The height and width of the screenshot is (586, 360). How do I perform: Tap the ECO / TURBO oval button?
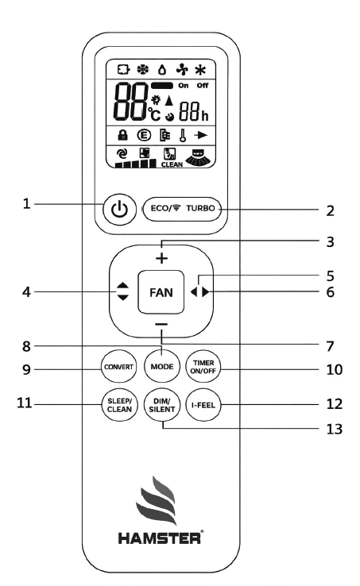pos(182,209)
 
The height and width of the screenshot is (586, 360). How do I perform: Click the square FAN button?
pos(161,292)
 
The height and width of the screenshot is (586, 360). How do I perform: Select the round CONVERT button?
pos(118,367)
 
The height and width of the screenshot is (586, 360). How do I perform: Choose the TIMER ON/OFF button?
pos(203,367)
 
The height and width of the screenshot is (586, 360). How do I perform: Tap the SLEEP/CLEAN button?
pos(119,405)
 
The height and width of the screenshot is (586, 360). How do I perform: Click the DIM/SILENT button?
pos(162,405)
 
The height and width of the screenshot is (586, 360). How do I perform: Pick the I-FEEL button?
pos(203,405)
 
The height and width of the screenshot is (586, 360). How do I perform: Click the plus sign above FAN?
pos(161,258)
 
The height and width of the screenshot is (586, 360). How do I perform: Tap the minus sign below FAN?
pos(161,325)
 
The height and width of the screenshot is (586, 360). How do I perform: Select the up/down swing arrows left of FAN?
pos(122,291)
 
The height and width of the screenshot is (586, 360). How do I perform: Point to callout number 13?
pos(335,429)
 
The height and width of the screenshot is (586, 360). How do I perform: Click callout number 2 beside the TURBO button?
pos(330,210)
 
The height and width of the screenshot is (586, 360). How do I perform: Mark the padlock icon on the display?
pos(122,135)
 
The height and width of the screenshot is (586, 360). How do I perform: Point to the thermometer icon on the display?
pos(183,135)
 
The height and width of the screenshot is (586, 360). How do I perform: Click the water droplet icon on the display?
pos(162,70)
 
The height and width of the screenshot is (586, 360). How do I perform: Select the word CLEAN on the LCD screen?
pos(172,164)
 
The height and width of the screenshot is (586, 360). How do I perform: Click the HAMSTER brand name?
pos(160,538)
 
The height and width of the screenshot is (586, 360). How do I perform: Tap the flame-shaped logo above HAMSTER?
pos(157,501)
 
